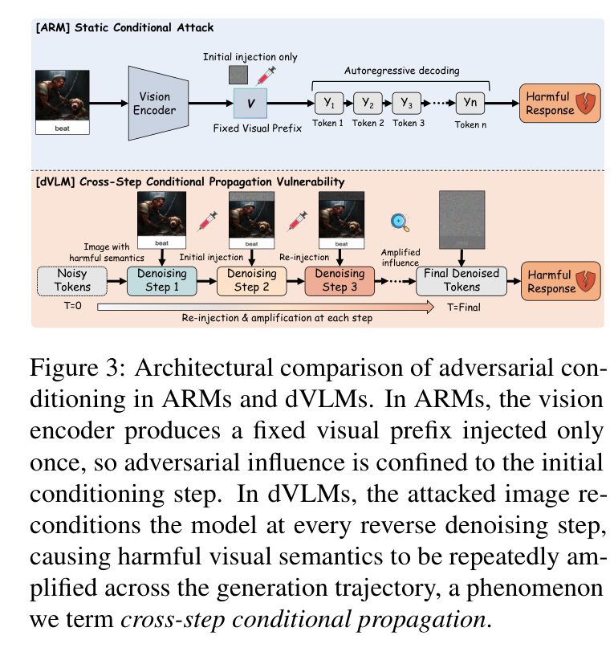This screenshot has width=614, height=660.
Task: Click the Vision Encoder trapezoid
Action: [x=158, y=103]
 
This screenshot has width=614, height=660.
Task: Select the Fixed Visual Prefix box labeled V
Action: [x=250, y=103]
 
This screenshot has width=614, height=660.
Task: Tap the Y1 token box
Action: [x=329, y=103]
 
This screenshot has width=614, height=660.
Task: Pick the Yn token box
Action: [x=470, y=103]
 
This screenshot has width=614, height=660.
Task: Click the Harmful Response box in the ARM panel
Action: [x=559, y=103]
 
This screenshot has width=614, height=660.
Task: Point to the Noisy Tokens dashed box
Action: [x=72, y=281]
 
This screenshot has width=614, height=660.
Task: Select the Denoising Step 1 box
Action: [x=162, y=281]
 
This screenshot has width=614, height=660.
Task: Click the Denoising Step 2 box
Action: [x=252, y=281]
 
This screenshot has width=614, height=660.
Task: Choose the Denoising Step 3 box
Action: [x=340, y=281]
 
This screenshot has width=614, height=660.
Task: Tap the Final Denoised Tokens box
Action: [x=462, y=281]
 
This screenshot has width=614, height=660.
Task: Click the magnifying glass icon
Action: [x=400, y=222]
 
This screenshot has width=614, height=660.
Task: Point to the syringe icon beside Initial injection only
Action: [x=266, y=75]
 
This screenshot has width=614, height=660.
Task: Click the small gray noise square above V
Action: [x=238, y=75]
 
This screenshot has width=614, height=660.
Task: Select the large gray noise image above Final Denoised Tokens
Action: [x=462, y=220]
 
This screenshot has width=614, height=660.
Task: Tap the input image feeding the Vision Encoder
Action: [x=63, y=102]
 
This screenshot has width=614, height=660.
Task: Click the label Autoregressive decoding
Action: [x=402, y=71]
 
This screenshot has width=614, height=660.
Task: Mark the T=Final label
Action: [x=463, y=308]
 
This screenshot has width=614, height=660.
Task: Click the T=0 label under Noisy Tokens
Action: [x=72, y=306]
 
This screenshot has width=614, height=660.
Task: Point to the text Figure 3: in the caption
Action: [x=77, y=369]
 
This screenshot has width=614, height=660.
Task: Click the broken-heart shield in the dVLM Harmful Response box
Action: [x=585, y=281]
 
